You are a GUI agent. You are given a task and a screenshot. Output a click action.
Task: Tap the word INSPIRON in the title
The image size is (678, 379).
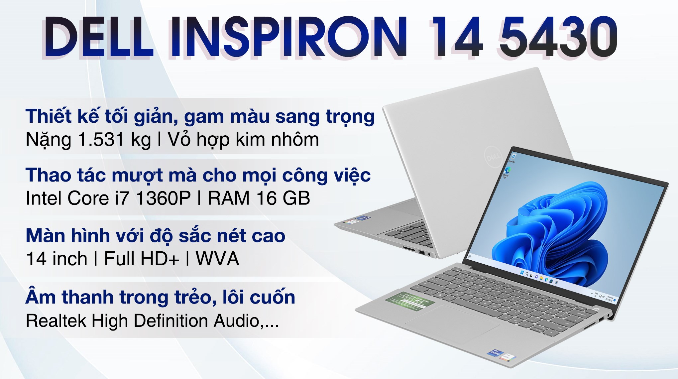coord(288,37)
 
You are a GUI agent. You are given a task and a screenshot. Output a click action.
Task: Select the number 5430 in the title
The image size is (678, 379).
coord(558,37)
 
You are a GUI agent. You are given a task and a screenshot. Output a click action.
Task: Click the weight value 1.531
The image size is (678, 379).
coord(101,140)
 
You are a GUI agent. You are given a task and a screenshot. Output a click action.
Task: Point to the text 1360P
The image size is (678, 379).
coord(163,198)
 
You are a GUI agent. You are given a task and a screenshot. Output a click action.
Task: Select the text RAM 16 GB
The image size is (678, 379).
coord(259,198)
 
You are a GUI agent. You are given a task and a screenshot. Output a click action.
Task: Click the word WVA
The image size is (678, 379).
coord(217,259)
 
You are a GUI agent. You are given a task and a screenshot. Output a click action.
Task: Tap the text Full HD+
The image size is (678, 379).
coord(142,259)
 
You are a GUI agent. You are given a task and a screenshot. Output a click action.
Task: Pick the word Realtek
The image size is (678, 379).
coord(56,321)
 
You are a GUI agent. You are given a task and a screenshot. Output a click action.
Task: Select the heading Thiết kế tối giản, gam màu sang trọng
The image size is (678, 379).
coord(200,116)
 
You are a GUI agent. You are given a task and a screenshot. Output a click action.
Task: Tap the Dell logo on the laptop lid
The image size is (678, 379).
coord(493,156)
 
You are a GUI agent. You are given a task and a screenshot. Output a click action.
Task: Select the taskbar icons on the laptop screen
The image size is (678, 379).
coord(538,278)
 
